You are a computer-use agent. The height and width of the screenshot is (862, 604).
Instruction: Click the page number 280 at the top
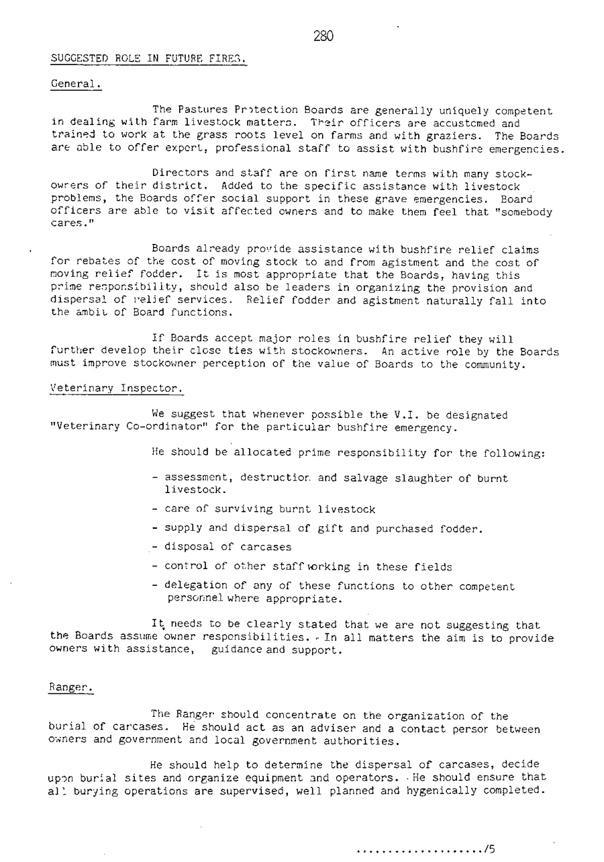(323, 37)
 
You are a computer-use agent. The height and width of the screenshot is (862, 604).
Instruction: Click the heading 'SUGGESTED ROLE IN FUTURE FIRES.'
(148, 59)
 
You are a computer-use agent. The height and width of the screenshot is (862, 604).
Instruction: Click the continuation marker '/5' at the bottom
(491, 849)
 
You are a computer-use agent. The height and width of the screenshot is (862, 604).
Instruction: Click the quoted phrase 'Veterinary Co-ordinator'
(122, 427)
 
